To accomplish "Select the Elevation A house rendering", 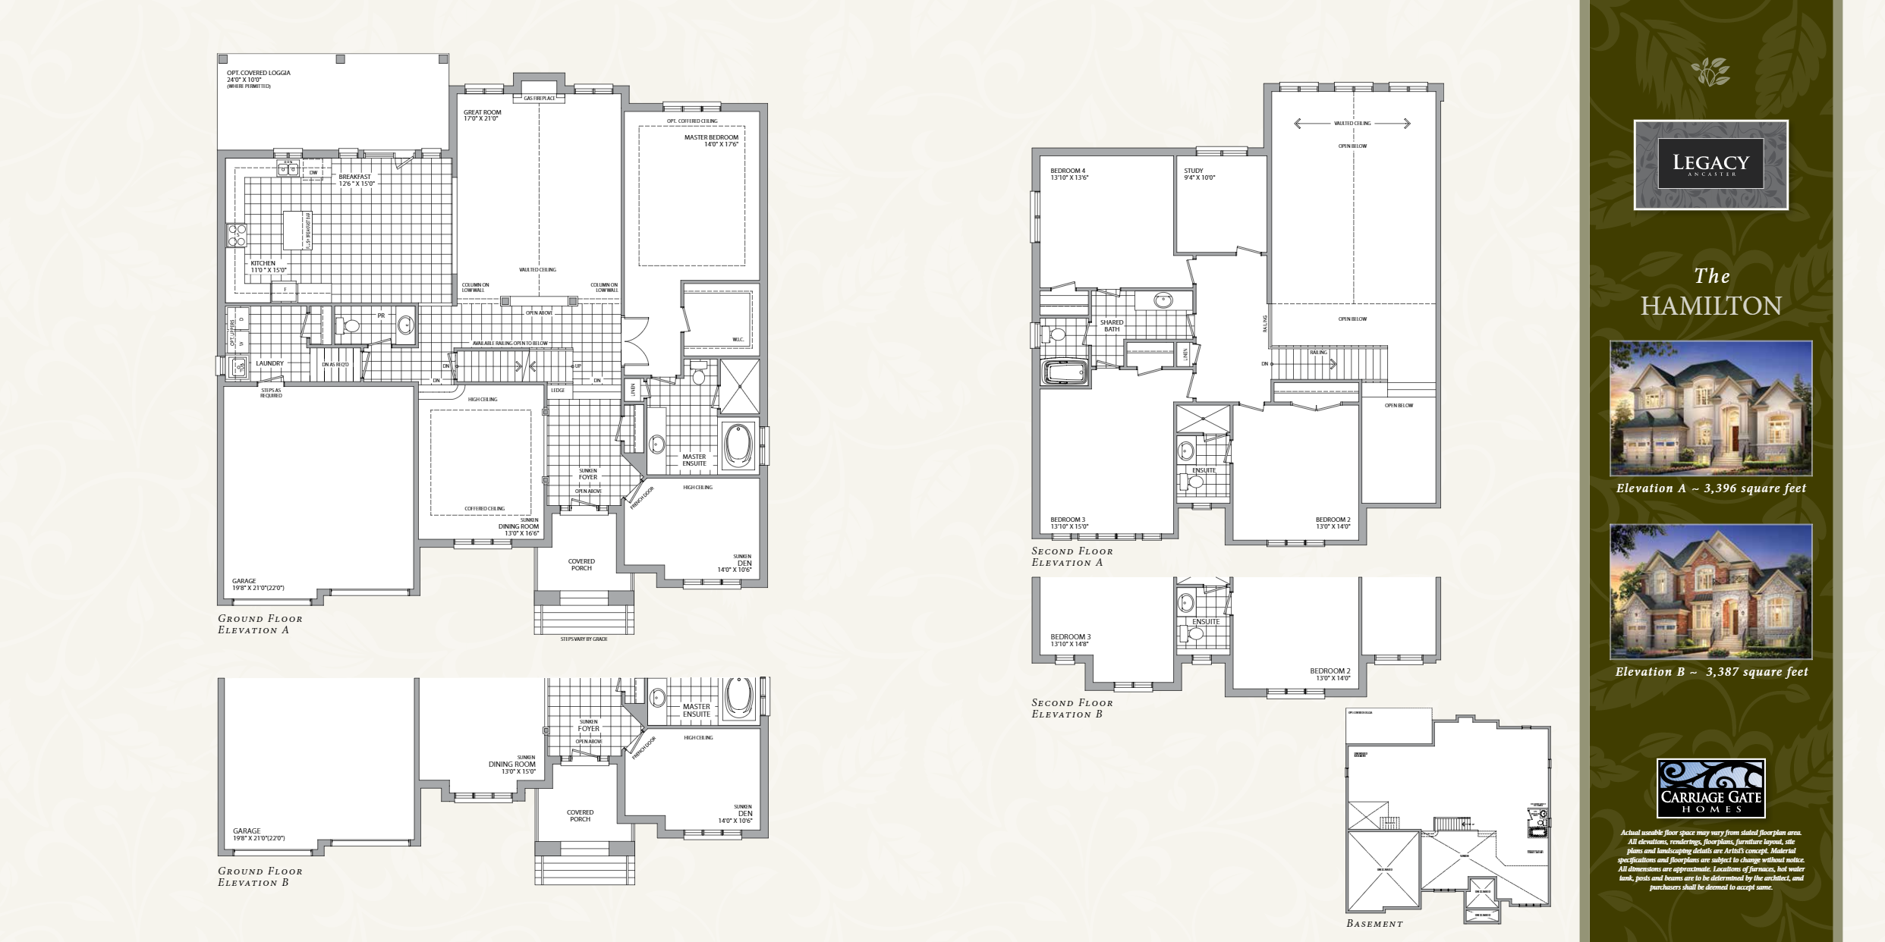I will tap(1710, 408).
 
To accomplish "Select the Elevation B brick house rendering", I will tap(1710, 591).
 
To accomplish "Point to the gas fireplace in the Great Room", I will tap(540, 98).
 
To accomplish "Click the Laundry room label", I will tap(269, 363).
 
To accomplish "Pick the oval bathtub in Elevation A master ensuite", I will tap(737, 446).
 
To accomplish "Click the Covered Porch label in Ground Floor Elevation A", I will tap(581, 564).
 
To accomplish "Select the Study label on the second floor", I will tap(1194, 171).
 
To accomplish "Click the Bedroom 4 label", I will tap(1068, 171).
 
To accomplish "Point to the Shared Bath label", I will tap(1112, 325).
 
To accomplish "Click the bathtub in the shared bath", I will tap(1066, 374).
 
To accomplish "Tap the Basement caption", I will tap(1374, 924).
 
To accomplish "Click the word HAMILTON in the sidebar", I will tap(1710, 306).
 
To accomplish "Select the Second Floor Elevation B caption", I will tap(1072, 708).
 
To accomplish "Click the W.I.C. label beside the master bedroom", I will tap(737, 339).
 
